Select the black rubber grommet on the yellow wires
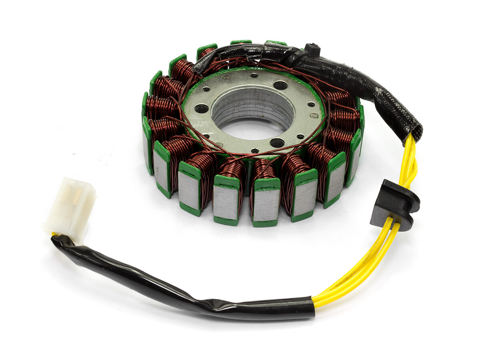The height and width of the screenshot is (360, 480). [x=394, y=204]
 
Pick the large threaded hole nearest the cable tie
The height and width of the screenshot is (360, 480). [x=280, y=85]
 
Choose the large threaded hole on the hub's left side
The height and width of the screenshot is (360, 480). [x=202, y=108]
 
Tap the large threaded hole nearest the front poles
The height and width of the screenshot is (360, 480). [x=277, y=143]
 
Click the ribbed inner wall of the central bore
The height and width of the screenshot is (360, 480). [x=252, y=102]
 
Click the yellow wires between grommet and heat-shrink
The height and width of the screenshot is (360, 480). [x=360, y=272]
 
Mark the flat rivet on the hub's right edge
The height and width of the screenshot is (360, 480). [x=315, y=115]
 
